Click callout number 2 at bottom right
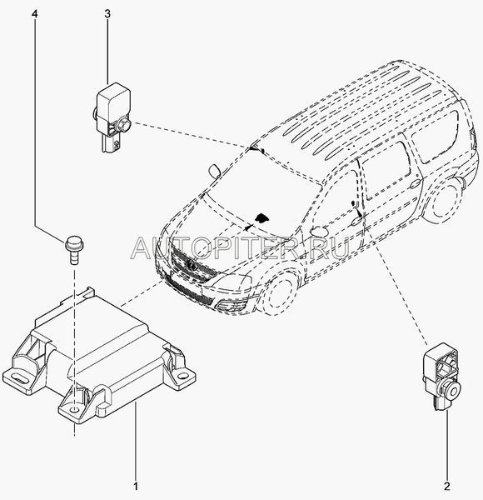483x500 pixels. pyautogui.click(x=447, y=487)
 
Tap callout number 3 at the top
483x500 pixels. pyautogui.click(x=107, y=14)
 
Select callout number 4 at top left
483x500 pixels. pyautogui.click(x=35, y=14)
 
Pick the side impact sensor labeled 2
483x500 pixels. pyautogui.click(x=441, y=377)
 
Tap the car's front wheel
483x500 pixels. pyautogui.click(x=279, y=294)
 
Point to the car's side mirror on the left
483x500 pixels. pyautogui.click(x=214, y=171)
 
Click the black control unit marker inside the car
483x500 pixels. pyautogui.click(x=261, y=217)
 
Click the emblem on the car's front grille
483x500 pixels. pyautogui.click(x=190, y=264)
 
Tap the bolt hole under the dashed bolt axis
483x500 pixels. pyautogui.click(x=74, y=409)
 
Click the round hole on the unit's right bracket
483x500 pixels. pyautogui.click(x=182, y=376)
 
